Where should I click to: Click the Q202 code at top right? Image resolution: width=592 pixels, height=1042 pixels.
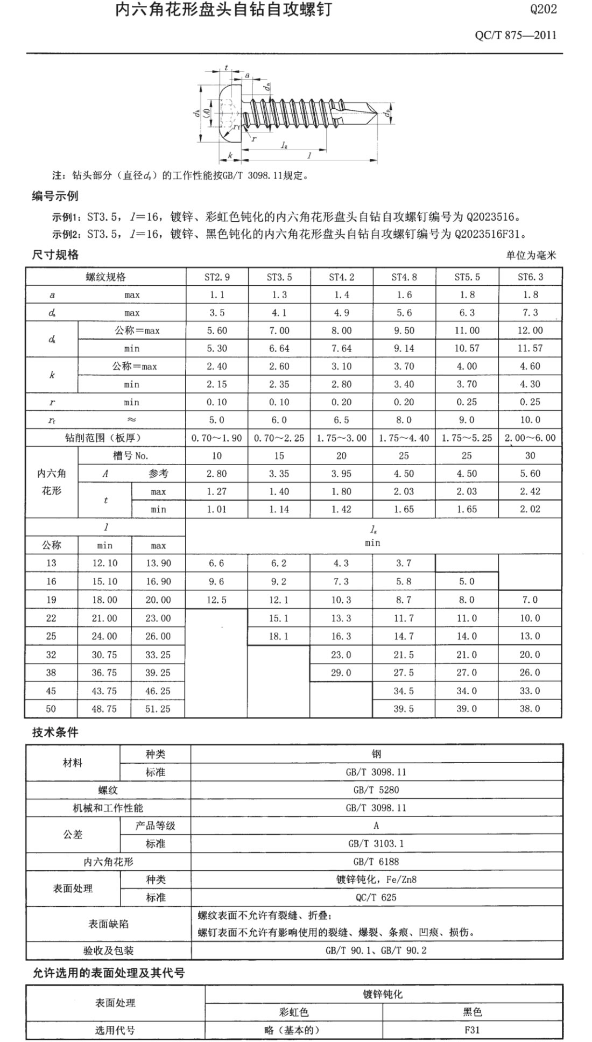pos(543,9)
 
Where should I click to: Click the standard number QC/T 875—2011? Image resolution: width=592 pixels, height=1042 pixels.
pos(515,36)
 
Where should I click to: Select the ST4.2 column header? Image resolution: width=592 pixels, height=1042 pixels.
pos(341,277)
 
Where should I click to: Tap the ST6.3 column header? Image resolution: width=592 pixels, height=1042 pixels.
pos(530,277)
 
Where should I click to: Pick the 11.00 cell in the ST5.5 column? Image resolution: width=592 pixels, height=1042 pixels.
pos(467,330)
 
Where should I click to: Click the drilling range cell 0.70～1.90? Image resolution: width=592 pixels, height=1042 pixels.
pos(217,438)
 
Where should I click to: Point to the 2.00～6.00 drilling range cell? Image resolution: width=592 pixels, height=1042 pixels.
pos(530,438)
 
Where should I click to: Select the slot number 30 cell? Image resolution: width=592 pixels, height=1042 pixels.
pos(530,456)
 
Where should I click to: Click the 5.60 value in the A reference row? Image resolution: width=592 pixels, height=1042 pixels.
pos(530,474)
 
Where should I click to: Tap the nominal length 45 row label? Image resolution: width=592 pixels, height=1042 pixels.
pos(51,691)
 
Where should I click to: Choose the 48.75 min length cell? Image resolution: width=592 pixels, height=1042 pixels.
pos(104,709)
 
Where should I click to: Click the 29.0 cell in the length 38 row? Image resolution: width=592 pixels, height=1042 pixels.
pos(341,673)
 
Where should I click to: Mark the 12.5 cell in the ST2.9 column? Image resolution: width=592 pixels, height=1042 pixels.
pos(217,600)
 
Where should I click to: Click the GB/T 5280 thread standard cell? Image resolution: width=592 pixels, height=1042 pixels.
pos(376,790)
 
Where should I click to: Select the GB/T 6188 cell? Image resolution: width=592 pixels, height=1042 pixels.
pos(376,862)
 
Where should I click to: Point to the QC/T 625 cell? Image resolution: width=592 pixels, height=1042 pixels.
pos(376,897)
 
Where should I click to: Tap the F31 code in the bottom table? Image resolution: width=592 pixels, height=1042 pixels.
pos(473,1030)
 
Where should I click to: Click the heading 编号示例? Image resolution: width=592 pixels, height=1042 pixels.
pos(55,196)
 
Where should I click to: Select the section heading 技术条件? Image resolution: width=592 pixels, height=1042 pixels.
pos(55,733)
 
